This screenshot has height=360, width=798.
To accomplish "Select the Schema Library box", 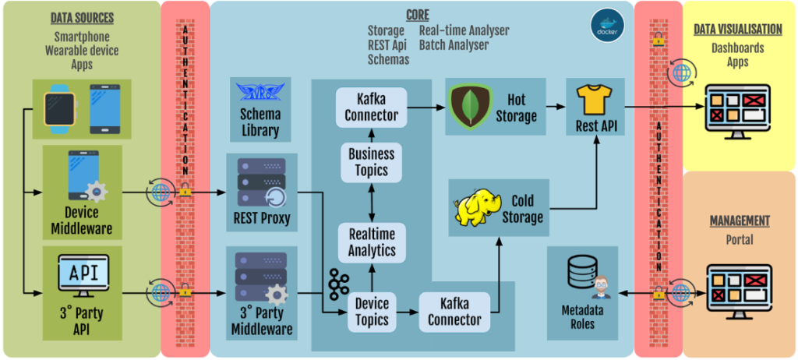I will tap(261, 110).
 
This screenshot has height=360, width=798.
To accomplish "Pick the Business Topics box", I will tap(371, 162).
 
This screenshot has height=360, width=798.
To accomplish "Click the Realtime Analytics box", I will tap(371, 242).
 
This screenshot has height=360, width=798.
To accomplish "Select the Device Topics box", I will tap(371, 309).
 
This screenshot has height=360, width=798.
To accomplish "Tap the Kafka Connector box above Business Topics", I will tap(371, 107).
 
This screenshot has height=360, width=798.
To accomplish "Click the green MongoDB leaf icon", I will tap(471, 107).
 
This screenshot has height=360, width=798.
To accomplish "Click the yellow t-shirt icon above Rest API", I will tap(596, 101).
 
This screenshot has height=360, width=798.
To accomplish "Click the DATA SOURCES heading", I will tap(82, 17).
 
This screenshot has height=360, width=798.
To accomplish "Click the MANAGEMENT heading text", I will tap(739, 221).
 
